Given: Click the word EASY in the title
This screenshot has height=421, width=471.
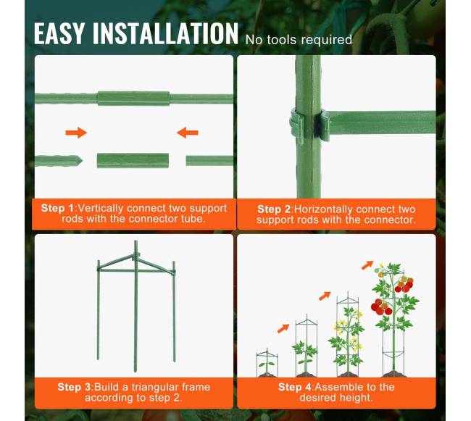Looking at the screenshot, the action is (59, 33).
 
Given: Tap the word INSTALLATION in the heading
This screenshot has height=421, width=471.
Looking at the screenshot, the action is (165, 33).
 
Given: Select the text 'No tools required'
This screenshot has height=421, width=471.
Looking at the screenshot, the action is (299, 40).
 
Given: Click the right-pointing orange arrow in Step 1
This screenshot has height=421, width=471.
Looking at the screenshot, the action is (76, 133).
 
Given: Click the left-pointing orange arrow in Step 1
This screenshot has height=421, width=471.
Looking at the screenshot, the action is (188, 133).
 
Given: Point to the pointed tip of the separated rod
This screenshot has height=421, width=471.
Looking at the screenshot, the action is (83, 161).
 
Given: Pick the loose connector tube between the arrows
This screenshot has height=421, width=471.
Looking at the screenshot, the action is (133, 161).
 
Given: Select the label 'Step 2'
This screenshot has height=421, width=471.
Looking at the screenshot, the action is (274, 209).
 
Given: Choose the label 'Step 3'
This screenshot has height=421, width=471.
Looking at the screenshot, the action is (74, 387).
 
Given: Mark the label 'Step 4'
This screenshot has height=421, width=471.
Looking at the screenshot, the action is (295, 387).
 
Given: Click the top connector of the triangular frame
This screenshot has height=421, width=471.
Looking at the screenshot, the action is (136, 256).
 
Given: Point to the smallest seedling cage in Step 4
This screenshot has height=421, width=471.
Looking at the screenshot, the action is (267, 362).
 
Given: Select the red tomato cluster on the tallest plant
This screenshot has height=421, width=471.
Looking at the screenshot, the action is (381, 307).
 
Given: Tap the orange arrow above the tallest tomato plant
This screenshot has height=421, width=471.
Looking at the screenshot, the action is (367, 265).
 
